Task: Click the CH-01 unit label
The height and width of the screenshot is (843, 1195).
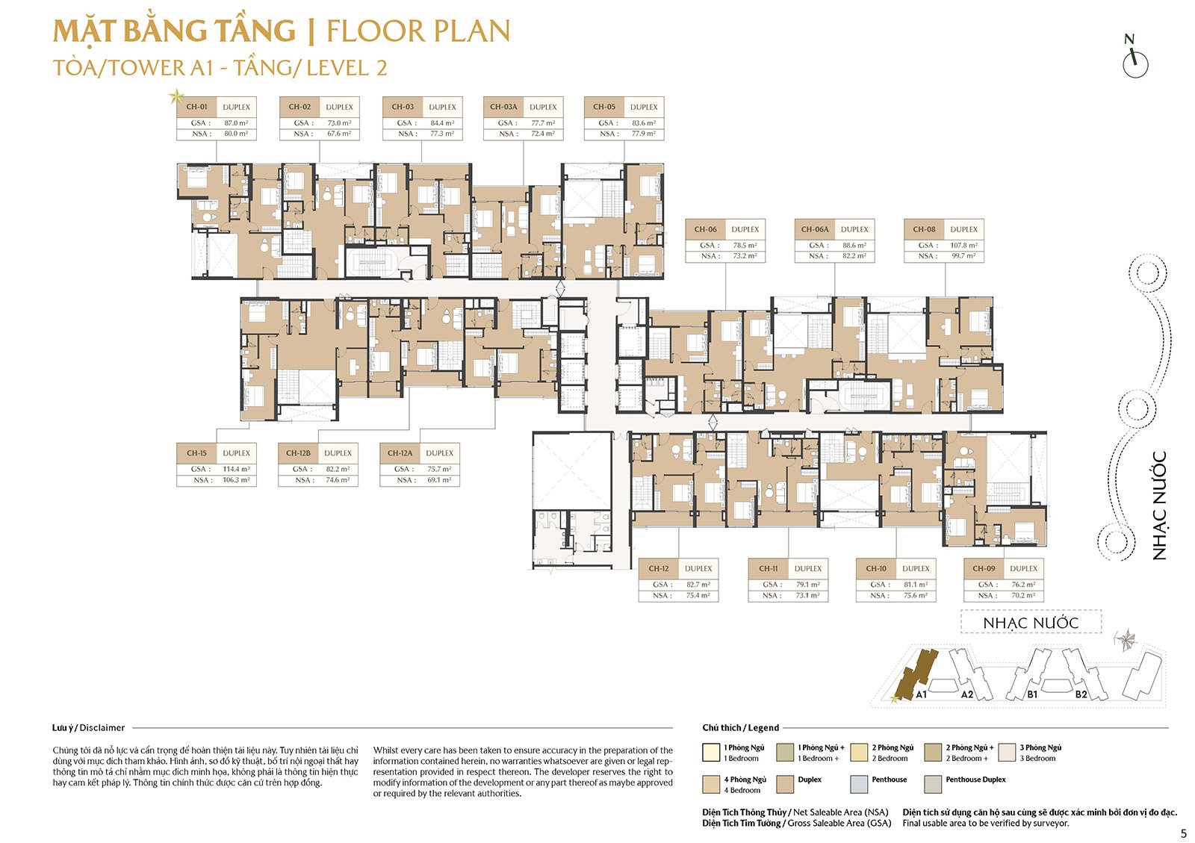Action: pyautogui.click(x=196, y=107)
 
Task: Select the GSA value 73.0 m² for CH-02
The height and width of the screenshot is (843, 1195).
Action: pyautogui.click(x=339, y=123)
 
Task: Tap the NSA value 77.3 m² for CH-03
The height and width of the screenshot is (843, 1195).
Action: pyautogui.click(x=442, y=134)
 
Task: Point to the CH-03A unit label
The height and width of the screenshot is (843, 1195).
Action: pyautogui.click(x=503, y=107)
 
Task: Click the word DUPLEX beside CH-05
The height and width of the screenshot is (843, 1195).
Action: pyautogui.click(x=644, y=107)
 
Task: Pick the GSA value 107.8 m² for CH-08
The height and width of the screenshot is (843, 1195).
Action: pyautogui.click(x=963, y=245)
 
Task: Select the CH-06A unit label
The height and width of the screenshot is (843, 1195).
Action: pyautogui.click(x=815, y=229)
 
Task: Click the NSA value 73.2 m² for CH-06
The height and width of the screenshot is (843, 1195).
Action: pyautogui.click(x=745, y=256)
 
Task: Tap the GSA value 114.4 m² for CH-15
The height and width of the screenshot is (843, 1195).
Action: pyautogui.click(x=236, y=470)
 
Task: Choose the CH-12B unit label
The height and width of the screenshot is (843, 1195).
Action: pyautogui.click(x=298, y=453)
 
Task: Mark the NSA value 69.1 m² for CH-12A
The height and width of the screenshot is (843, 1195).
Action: pyautogui.click(x=439, y=480)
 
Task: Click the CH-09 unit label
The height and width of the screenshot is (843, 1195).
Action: pyautogui.click(x=984, y=568)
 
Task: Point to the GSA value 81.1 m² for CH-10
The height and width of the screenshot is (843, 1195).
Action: pyautogui.click(x=916, y=585)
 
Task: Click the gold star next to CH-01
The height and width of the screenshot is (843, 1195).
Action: pyautogui.click(x=176, y=96)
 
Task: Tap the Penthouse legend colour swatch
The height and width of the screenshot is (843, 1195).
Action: pyautogui.click(x=858, y=784)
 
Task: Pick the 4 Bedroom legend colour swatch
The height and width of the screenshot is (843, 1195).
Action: pyautogui.click(x=711, y=784)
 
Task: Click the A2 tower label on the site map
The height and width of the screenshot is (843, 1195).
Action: pyautogui.click(x=967, y=694)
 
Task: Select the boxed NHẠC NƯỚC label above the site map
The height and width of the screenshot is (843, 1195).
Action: pyautogui.click(x=1031, y=623)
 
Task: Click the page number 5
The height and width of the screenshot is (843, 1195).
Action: pyautogui.click(x=1183, y=834)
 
